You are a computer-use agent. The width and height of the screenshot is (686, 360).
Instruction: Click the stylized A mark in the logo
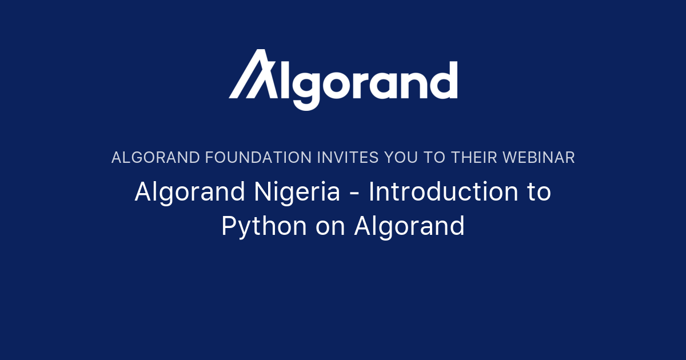pyautogui.click(x=252, y=74)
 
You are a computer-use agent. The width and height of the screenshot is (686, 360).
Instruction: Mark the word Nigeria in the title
pyautogui.click(x=300, y=192)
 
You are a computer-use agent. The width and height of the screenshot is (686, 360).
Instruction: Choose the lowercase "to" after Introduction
pyautogui.click(x=538, y=192)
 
